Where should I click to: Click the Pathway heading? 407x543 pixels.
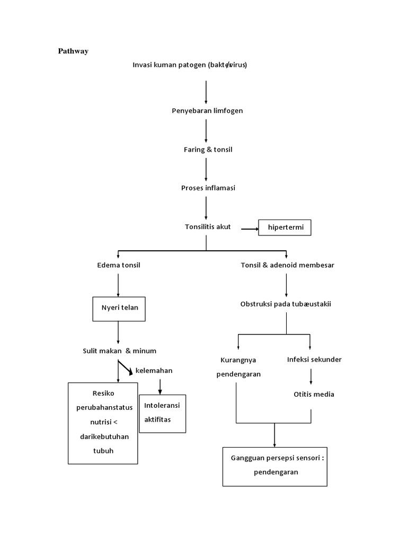[73, 51]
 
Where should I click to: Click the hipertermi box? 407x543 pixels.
[285, 228]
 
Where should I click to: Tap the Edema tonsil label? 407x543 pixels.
[119, 265]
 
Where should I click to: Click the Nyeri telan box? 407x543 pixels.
[119, 308]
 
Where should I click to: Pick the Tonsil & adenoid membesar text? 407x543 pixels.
[287, 265]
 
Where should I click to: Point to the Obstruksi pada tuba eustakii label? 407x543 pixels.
[285, 304]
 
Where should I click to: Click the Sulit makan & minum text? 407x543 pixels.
[119, 351]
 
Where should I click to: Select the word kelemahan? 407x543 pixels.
[154, 370]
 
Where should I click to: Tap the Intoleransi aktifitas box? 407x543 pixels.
[162, 413]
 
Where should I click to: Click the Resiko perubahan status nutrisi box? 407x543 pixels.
[103, 423]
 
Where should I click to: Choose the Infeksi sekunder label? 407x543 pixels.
[314, 359]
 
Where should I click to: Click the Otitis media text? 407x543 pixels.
[314, 394]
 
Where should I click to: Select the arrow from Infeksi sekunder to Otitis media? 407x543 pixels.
[311, 376]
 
